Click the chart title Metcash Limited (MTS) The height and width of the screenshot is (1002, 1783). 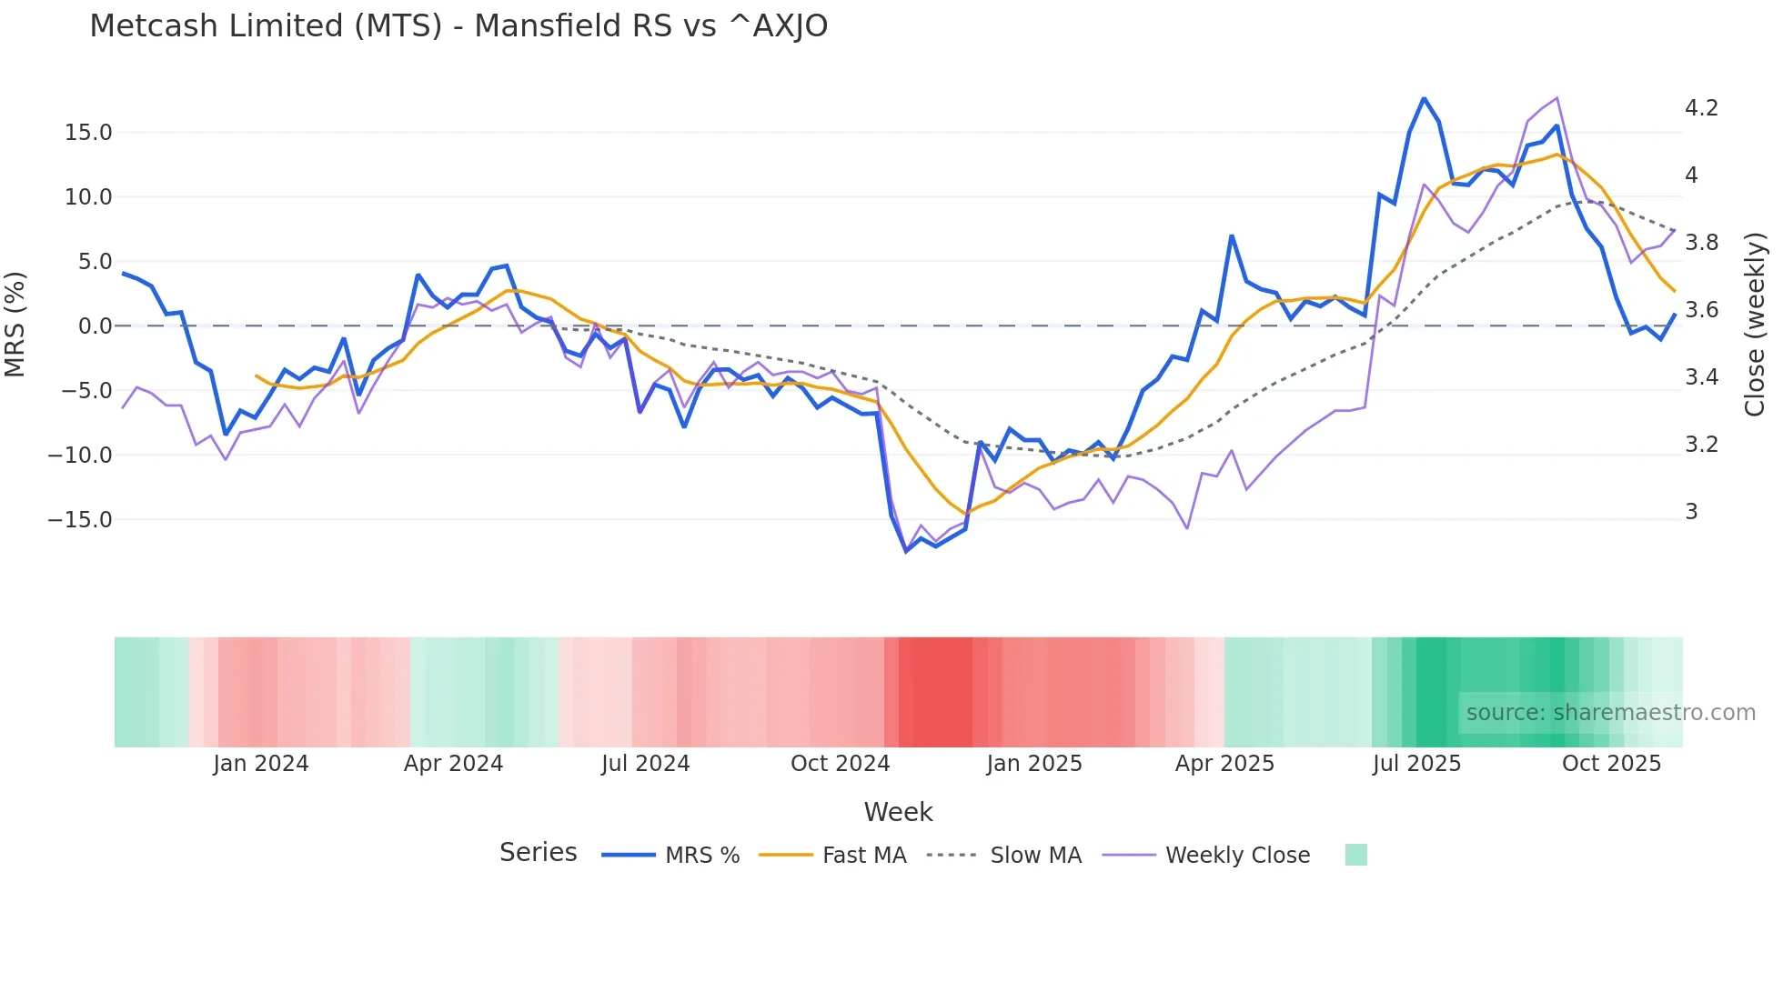click(x=458, y=26)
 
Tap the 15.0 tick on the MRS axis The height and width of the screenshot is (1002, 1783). click(x=88, y=133)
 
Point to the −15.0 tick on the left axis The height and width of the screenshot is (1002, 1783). click(x=80, y=520)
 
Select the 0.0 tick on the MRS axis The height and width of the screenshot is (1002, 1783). click(x=96, y=326)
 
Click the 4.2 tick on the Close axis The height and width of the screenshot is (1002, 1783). click(x=1701, y=108)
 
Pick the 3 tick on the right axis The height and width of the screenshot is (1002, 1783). click(x=1691, y=512)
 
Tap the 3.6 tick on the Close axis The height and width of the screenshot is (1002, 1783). click(x=1701, y=310)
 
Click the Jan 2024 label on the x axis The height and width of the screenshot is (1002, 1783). click(x=261, y=764)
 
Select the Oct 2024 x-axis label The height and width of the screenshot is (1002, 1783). click(x=840, y=764)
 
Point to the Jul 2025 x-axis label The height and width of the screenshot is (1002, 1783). click(x=1416, y=764)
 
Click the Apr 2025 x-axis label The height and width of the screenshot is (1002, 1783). click(x=1224, y=764)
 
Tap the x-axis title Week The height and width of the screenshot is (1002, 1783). click(x=898, y=812)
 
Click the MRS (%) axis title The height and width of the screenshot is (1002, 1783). click(x=15, y=325)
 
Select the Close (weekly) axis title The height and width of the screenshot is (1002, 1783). click(x=1755, y=325)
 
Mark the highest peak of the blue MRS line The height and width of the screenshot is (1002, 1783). click(x=1424, y=98)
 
